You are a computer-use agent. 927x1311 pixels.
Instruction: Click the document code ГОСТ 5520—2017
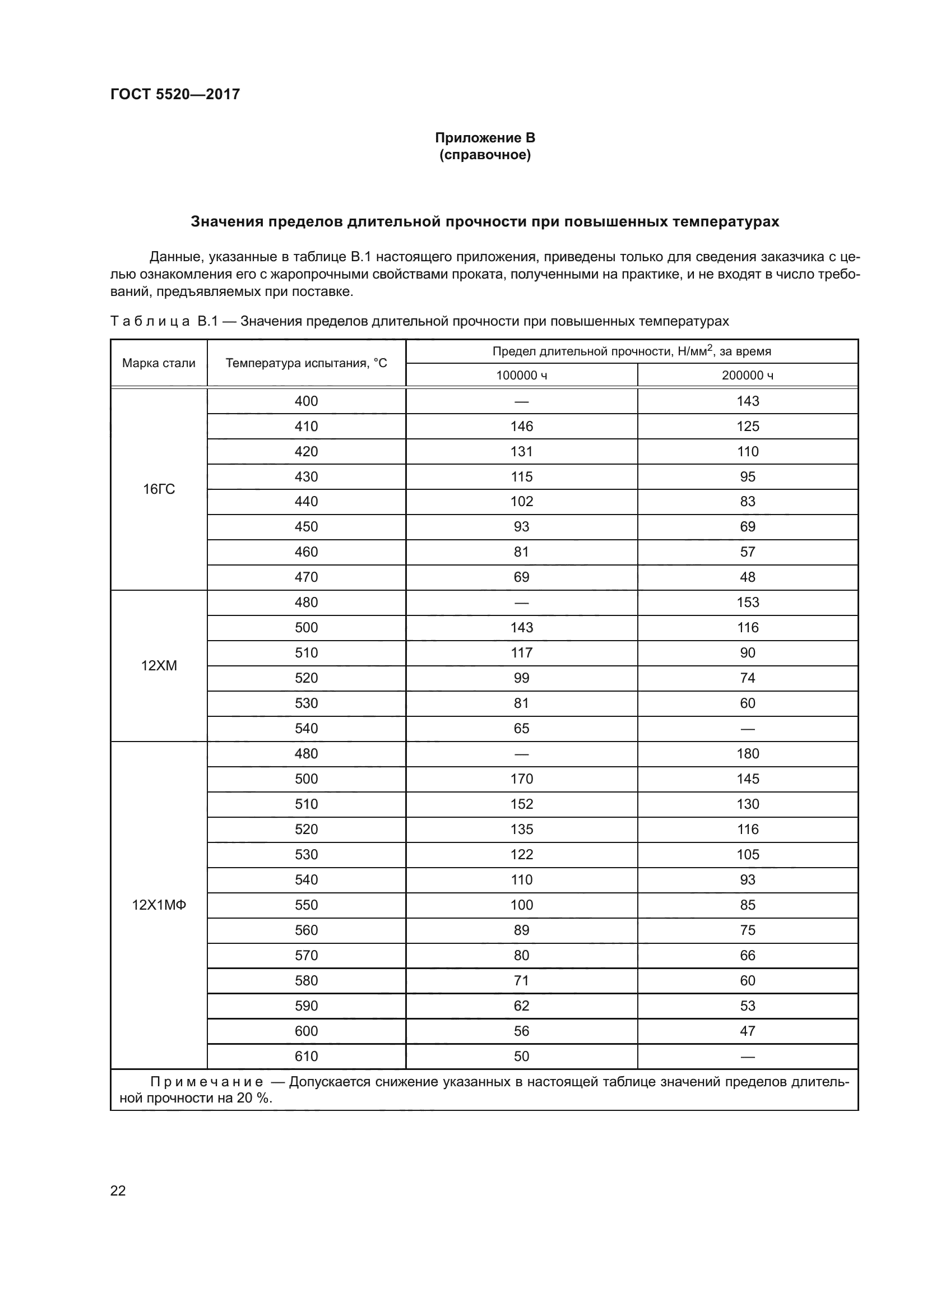pyautogui.click(x=175, y=94)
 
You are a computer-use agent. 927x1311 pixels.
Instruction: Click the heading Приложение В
pyautogui.click(x=485, y=138)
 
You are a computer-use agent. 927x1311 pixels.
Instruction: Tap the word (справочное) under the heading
pyautogui.click(x=485, y=155)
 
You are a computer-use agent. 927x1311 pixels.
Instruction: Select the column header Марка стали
pyautogui.click(x=159, y=363)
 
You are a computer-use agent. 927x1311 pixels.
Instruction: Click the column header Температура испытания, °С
pyautogui.click(x=306, y=363)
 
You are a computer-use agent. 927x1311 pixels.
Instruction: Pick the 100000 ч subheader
pyautogui.click(x=521, y=375)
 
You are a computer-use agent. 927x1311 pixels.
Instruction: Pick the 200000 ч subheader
pyautogui.click(x=747, y=375)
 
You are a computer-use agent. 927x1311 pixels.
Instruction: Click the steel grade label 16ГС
pyautogui.click(x=159, y=489)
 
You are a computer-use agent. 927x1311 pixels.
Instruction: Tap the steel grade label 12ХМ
pyautogui.click(x=159, y=666)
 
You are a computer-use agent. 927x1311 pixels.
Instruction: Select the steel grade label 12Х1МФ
pyautogui.click(x=159, y=905)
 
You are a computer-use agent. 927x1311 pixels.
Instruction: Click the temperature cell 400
pyautogui.click(x=306, y=401)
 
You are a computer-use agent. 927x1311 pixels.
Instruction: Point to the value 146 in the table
pyautogui.click(x=521, y=427)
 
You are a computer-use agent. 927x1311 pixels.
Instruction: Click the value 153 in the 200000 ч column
pyautogui.click(x=747, y=603)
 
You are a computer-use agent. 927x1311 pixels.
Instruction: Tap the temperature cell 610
pyautogui.click(x=306, y=1057)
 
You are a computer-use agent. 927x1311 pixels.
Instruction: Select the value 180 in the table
pyautogui.click(x=747, y=754)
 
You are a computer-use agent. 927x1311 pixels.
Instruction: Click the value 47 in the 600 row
pyautogui.click(x=747, y=1031)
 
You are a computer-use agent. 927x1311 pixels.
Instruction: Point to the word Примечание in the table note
pyautogui.click(x=207, y=1082)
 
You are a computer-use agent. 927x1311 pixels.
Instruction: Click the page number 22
pyautogui.click(x=118, y=1190)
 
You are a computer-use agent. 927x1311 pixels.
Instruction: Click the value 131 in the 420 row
pyautogui.click(x=521, y=452)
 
